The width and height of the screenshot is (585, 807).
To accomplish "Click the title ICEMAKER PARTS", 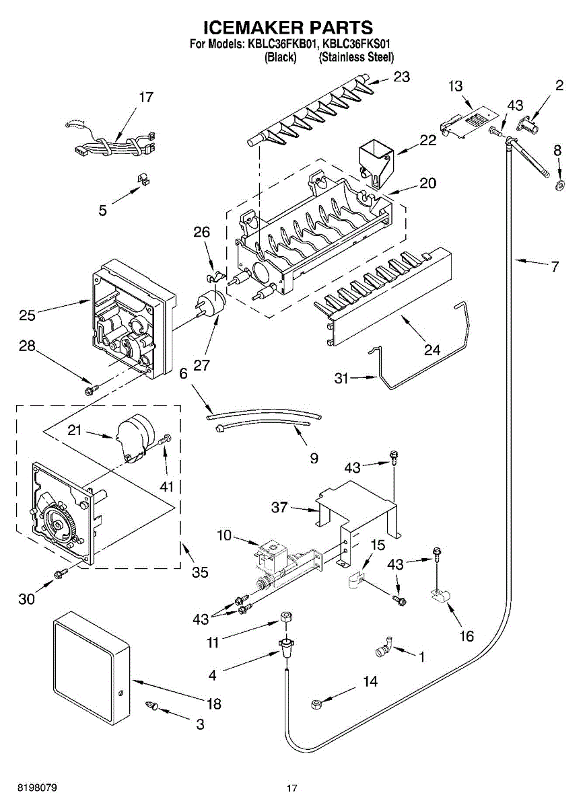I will [x=288, y=28].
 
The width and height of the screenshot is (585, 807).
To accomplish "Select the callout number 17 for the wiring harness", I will [x=146, y=98].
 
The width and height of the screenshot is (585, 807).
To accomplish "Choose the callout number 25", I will [x=28, y=314].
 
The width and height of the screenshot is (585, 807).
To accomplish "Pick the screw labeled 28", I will [x=90, y=389].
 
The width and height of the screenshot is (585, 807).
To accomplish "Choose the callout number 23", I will [x=401, y=77].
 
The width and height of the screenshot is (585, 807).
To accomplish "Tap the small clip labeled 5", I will [x=142, y=179].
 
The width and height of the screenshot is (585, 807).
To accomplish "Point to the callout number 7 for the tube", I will [x=554, y=266].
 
